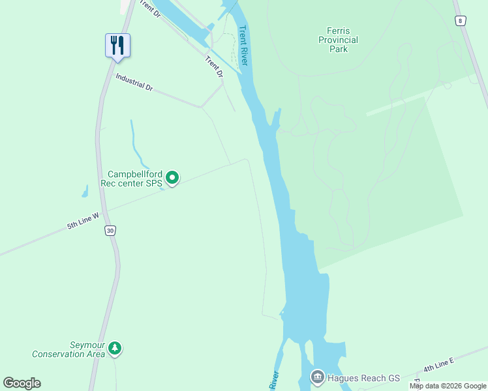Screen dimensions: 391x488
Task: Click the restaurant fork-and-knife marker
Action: pos(117,46)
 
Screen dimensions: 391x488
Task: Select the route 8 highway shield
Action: pos(461,21)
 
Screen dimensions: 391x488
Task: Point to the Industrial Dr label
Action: pos(134,81)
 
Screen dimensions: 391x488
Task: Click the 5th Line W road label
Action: pos(83,221)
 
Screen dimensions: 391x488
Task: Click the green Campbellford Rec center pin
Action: pos(172,177)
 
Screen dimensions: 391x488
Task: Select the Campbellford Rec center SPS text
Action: pos(134,179)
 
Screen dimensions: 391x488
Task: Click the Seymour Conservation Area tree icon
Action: pos(115,348)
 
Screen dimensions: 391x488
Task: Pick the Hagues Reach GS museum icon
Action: pos(318,376)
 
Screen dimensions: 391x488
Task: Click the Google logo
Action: pos(22,383)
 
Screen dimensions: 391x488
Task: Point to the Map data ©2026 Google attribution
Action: pos(448,386)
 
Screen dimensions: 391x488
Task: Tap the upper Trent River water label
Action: pos(244,45)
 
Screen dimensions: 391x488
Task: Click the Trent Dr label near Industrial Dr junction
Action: pos(214,67)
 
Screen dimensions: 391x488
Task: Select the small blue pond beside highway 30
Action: pos(85,191)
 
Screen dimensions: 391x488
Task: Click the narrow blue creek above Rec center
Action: pos(136,147)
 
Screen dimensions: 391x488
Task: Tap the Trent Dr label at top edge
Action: pos(149,9)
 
